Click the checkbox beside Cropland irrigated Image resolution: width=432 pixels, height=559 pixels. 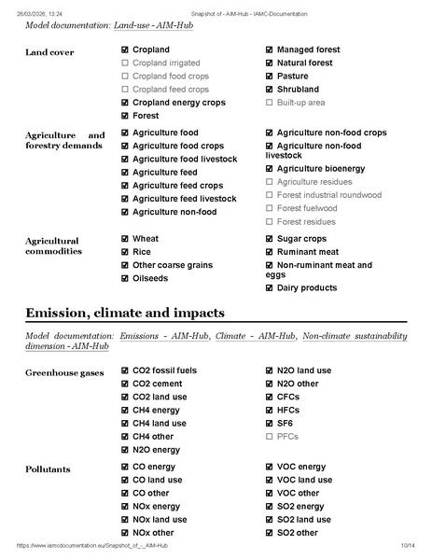point(125,63)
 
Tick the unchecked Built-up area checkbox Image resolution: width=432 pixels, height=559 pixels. point(270,102)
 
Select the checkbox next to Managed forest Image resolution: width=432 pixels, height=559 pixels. point(270,49)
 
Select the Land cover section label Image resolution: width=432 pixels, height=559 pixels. point(49,52)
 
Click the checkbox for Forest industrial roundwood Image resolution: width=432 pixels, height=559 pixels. point(270,195)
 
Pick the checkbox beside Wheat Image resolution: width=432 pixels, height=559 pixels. point(125,239)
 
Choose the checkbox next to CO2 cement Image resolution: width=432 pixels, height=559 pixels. point(125,384)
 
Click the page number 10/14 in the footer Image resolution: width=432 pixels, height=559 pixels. point(407,545)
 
